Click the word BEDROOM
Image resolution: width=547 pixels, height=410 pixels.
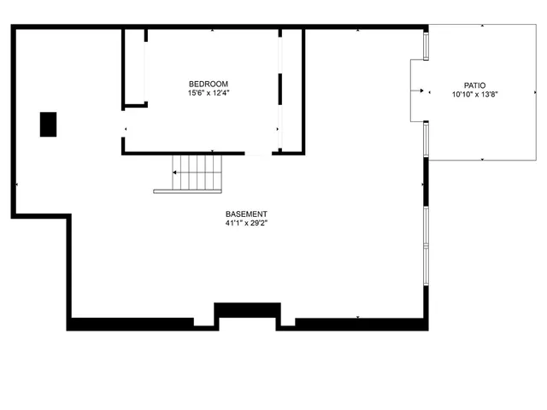coord(209,84)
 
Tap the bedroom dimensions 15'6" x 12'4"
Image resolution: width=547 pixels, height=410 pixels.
coord(209,92)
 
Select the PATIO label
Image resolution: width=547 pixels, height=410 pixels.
coord(475,85)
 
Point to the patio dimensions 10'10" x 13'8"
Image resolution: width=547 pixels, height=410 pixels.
coord(475,95)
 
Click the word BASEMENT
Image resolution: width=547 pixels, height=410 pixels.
coord(246,214)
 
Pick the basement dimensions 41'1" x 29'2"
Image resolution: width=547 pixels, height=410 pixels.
coord(246,224)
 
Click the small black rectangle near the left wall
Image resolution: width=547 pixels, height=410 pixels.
coord(49,124)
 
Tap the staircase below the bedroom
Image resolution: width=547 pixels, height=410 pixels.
coord(197,172)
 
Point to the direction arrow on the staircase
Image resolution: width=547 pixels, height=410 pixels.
coord(177,172)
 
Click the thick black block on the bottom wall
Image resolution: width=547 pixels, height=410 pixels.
coord(247,309)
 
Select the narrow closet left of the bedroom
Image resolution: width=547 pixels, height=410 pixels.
coord(135,68)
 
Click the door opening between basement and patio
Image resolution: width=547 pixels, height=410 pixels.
coord(418,91)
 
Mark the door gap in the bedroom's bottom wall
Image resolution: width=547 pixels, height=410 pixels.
coord(258,154)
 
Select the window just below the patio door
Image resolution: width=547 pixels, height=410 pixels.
coord(426,139)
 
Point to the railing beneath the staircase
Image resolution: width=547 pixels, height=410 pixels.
coord(188,191)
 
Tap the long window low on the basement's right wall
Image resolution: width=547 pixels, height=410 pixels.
coord(426,246)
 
